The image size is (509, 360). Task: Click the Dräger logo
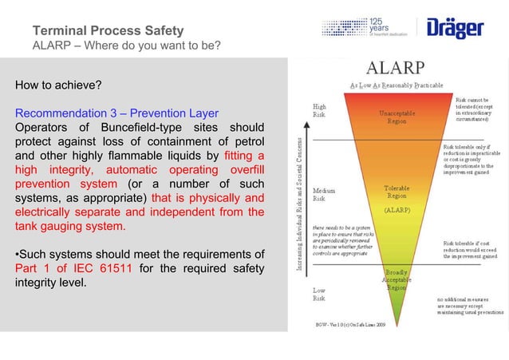click(456, 29)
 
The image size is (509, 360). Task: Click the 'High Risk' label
click(319, 110)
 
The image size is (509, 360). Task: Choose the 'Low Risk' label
click(319, 295)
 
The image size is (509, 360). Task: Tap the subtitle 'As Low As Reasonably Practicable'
click(397, 85)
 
